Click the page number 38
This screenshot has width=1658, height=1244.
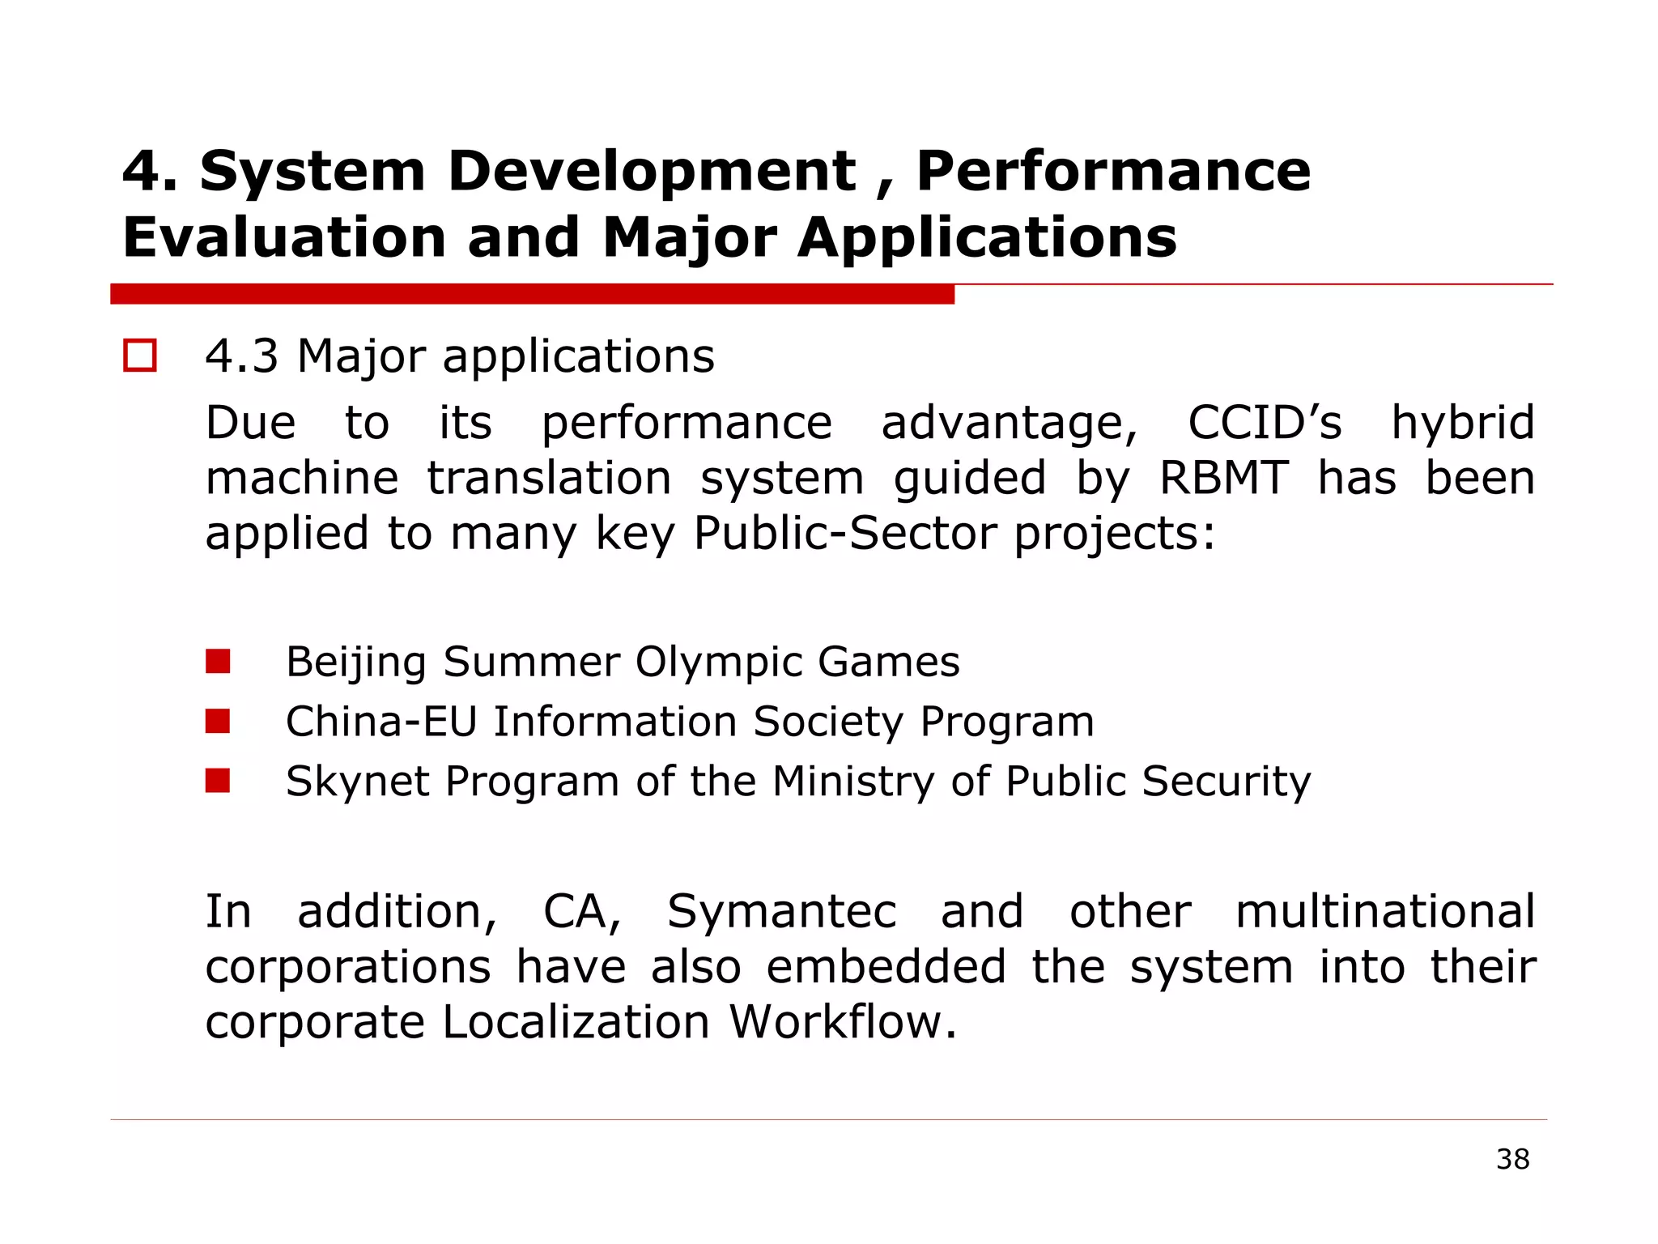click(1512, 1159)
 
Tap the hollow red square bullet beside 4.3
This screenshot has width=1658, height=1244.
click(140, 356)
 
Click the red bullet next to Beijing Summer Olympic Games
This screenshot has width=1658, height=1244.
click(218, 662)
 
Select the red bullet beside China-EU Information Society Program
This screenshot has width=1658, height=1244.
click(218, 721)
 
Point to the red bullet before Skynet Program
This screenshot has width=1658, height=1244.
click(218, 781)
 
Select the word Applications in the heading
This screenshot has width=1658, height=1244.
click(987, 239)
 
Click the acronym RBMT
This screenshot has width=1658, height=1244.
click(1223, 478)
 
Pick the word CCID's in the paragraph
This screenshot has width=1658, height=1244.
click(1265, 423)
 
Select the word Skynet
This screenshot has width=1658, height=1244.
click(357, 782)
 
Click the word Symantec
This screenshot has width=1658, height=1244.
click(781, 912)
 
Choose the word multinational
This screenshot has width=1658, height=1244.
click(1384, 911)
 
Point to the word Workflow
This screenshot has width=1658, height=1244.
click(842, 1021)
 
